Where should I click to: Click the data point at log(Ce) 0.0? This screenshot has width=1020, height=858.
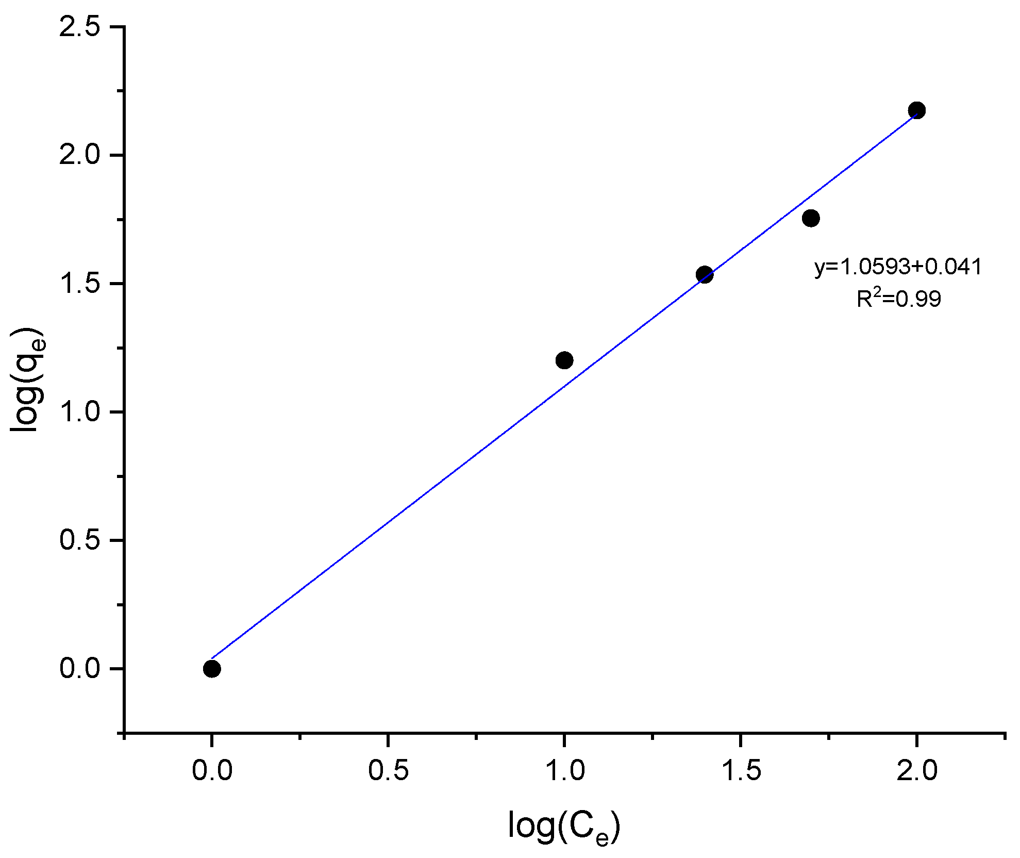pyautogui.click(x=212, y=669)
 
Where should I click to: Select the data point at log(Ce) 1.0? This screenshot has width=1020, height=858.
pyautogui.click(x=564, y=360)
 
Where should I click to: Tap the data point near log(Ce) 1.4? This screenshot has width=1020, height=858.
pyautogui.click(x=705, y=274)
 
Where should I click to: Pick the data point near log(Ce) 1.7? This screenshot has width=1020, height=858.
pyautogui.click(x=811, y=218)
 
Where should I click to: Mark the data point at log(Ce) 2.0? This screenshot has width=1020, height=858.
pyautogui.click(x=917, y=110)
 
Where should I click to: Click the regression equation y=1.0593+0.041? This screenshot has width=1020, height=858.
pyautogui.click(x=898, y=267)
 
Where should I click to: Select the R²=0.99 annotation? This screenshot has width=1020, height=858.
pyautogui.click(x=898, y=298)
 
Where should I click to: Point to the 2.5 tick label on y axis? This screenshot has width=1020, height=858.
pyautogui.click(x=79, y=27)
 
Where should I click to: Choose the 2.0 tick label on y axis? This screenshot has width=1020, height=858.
pyautogui.click(x=79, y=155)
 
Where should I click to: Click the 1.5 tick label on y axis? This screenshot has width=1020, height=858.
pyautogui.click(x=79, y=284)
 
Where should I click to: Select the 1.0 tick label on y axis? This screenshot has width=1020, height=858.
pyautogui.click(x=79, y=412)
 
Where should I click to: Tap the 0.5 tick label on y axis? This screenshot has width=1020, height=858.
pyautogui.click(x=79, y=540)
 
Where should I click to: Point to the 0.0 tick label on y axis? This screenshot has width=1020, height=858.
pyautogui.click(x=79, y=669)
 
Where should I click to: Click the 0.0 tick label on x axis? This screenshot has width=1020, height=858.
pyautogui.click(x=212, y=771)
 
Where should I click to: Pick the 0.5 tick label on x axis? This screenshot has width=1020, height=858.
pyautogui.click(x=388, y=771)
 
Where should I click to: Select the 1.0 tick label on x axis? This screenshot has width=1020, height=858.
pyautogui.click(x=564, y=771)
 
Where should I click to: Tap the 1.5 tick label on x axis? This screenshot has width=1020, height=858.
pyautogui.click(x=741, y=771)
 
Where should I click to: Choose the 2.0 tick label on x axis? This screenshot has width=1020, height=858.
pyautogui.click(x=917, y=771)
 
